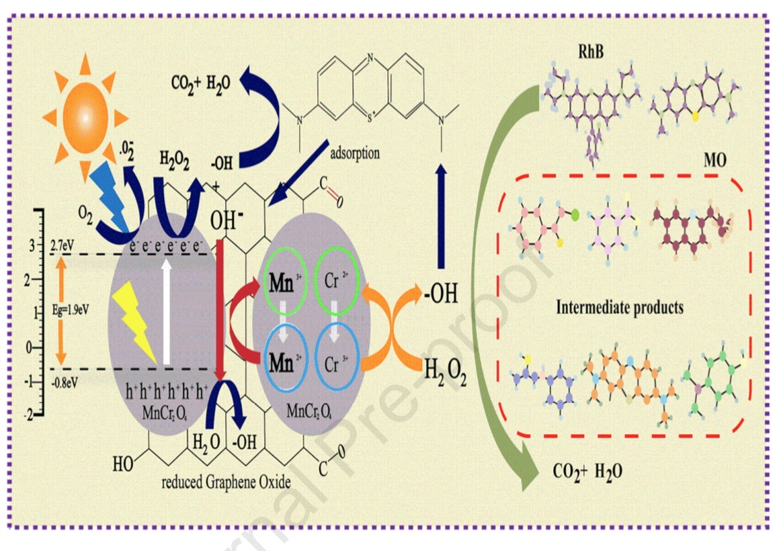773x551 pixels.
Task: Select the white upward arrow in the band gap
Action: [164, 309]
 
